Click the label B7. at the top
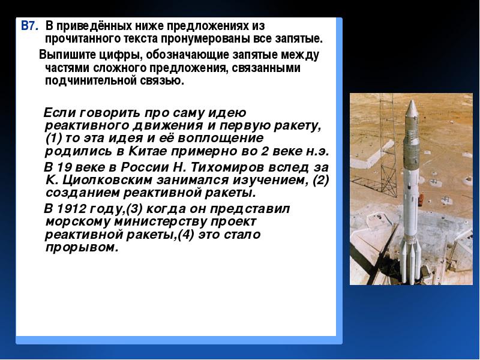29,26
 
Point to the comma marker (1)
53,139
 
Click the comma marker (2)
320,180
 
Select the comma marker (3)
134,209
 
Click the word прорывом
82,248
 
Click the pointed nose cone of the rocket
412,108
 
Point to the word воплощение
220,139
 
